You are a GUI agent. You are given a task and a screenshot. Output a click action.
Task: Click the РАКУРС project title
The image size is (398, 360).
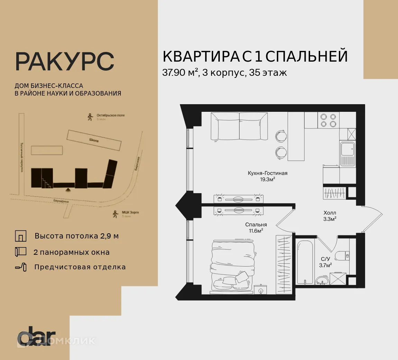[x=64, y=62]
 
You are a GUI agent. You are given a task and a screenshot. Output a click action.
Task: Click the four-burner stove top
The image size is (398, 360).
[x=328, y=120]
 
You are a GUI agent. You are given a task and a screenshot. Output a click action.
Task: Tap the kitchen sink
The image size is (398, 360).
[x=347, y=150]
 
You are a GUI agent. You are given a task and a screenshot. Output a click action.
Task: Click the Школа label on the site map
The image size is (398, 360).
[x=94, y=141]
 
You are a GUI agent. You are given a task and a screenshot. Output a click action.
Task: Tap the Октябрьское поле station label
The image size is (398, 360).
[x=110, y=115]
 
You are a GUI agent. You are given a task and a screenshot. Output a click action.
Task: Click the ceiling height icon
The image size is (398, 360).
[x=20, y=236]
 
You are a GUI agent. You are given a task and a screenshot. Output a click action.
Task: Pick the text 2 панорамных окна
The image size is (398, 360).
[x=71, y=252]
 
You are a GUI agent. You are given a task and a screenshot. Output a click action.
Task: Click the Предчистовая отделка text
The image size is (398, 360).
[x=80, y=267]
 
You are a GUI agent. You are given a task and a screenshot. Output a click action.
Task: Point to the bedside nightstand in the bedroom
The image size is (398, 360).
[x=260, y=289]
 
